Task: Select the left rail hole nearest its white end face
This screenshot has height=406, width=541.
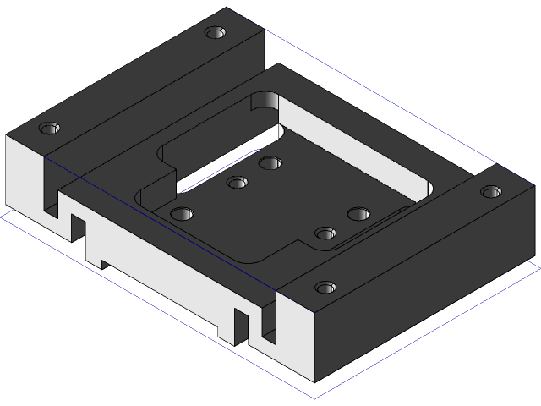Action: point(49,129)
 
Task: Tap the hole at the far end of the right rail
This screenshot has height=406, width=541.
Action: point(491,192)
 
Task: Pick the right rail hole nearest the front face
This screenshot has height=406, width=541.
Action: point(325,288)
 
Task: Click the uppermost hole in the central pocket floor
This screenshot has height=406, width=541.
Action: point(270,162)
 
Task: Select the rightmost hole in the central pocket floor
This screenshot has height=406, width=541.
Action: point(358,214)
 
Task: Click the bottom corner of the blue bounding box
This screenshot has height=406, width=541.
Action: point(315,398)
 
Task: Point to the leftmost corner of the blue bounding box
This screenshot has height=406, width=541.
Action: point(2,214)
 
